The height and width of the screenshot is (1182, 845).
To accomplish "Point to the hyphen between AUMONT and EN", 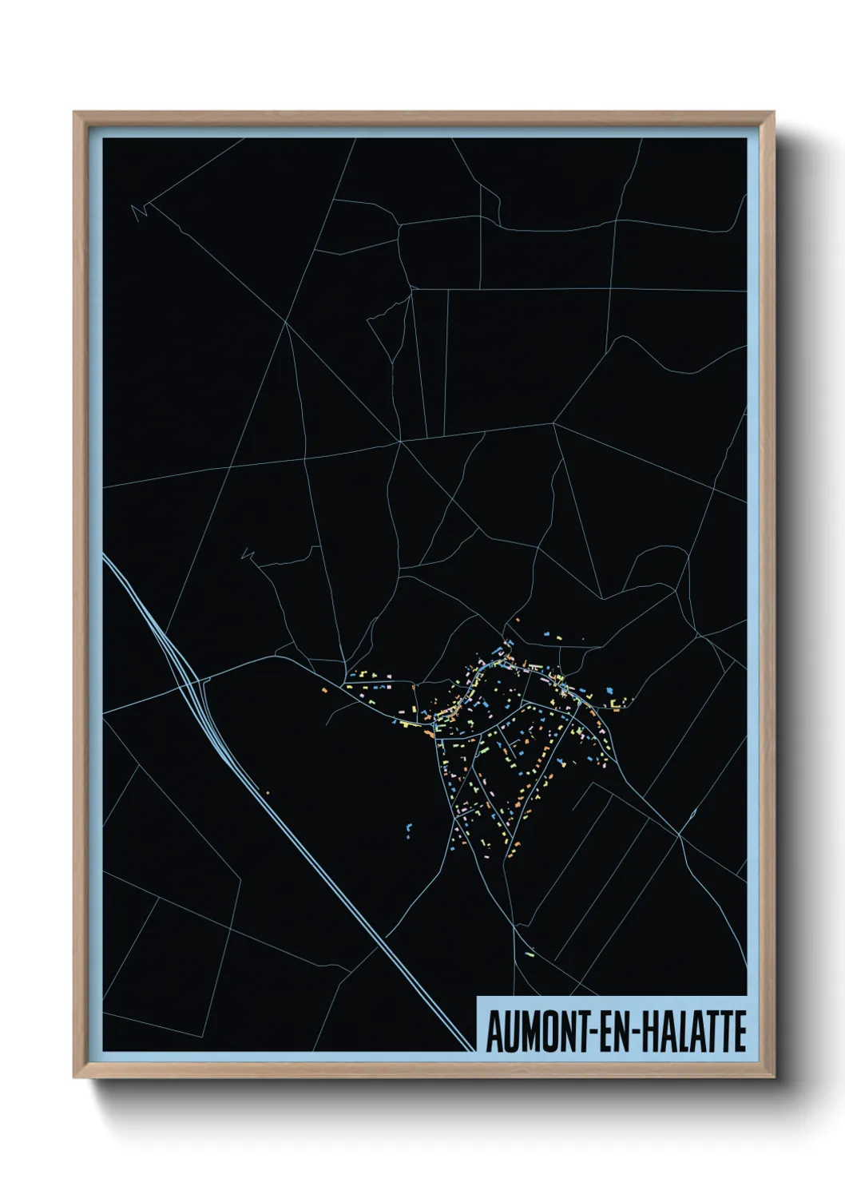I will tap(591, 1033).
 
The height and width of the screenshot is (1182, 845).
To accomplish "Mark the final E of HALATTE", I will tap(740, 1032).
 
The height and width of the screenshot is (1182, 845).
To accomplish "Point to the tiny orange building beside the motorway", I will tap(268, 793).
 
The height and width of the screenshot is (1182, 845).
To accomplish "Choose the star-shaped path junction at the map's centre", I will tap(399, 440).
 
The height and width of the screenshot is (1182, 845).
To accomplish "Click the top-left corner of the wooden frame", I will tap(73, 112).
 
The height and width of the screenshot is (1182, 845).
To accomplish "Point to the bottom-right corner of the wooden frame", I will tap(774, 1077).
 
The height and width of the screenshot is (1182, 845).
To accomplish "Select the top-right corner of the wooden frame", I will tap(774, 112).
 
